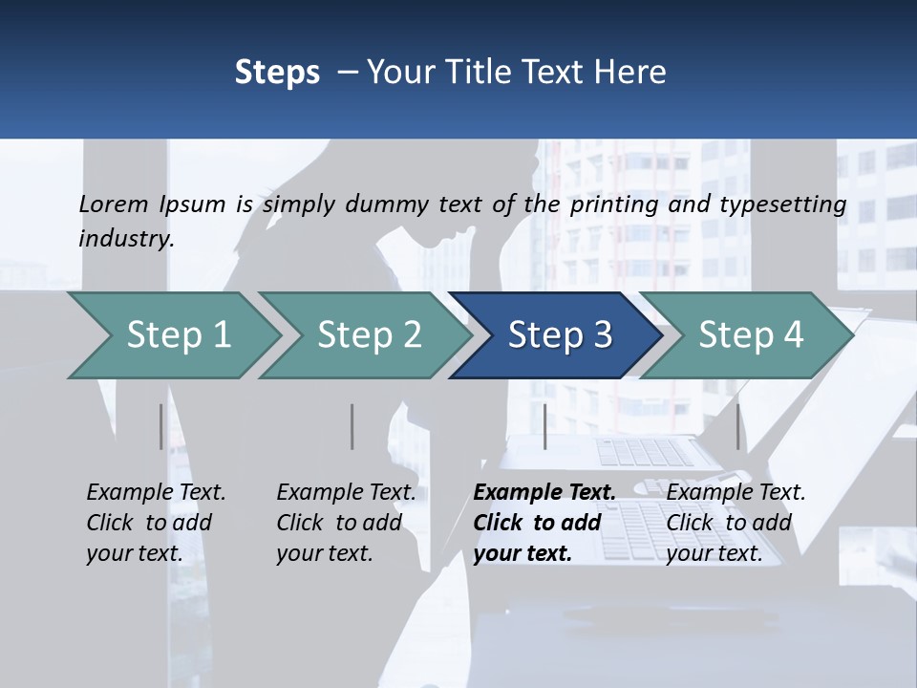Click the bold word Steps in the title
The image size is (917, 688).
tap(277, 73)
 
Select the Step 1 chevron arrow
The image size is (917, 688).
tap(174, 335)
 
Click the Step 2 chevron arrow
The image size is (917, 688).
tap(365, 335)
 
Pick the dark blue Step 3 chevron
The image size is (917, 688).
tap(556, 335)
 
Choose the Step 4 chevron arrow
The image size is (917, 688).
tap(746, 335)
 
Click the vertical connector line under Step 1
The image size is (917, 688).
tap(160, 426)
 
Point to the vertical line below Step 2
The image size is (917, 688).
tap(352, 426)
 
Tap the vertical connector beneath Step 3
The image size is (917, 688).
tap(545, 426)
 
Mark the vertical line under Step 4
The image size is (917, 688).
tap(738, 426)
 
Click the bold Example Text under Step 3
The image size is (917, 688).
tap(544, 492)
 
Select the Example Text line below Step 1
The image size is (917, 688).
tap(156, 492)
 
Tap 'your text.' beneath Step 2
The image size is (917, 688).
tap(325, 553)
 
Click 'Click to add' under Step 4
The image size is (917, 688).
tap(729, 523)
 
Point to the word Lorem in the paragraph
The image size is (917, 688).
tap(114, 204)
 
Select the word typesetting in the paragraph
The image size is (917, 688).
tap(783, 205)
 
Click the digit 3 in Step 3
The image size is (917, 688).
tap(603, 335)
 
